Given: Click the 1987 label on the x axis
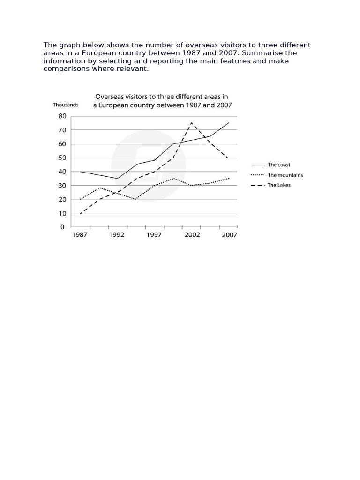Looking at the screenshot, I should (80, 235).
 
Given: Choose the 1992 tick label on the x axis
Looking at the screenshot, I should (117, 235).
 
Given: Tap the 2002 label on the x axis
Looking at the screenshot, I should (192, 235).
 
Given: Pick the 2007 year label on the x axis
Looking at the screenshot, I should (229, 235).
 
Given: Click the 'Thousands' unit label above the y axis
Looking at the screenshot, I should (66, 105).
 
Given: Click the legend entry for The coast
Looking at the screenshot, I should (278, 165).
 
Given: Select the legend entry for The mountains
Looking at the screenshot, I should (285, 175).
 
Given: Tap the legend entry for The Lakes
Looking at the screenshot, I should (278, 185).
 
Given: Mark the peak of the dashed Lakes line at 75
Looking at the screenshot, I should (191, 123).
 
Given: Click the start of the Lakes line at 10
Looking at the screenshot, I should (80, 214).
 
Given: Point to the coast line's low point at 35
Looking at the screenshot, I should (117, 179).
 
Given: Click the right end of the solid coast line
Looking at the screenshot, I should (229, 123).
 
